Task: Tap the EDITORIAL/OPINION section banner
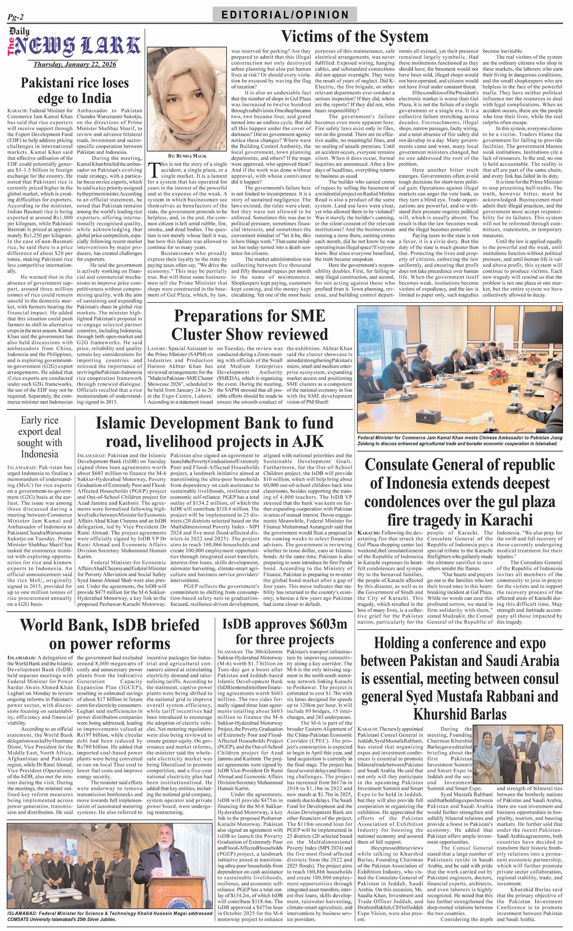(285, 15)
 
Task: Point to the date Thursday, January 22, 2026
(74, 64)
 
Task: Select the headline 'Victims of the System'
(354, 36)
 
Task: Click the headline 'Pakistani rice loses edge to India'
(74, 90)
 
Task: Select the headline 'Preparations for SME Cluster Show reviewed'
(250, 325)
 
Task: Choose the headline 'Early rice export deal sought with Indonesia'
(39, 437)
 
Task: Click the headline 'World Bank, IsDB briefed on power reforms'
(109, 634)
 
